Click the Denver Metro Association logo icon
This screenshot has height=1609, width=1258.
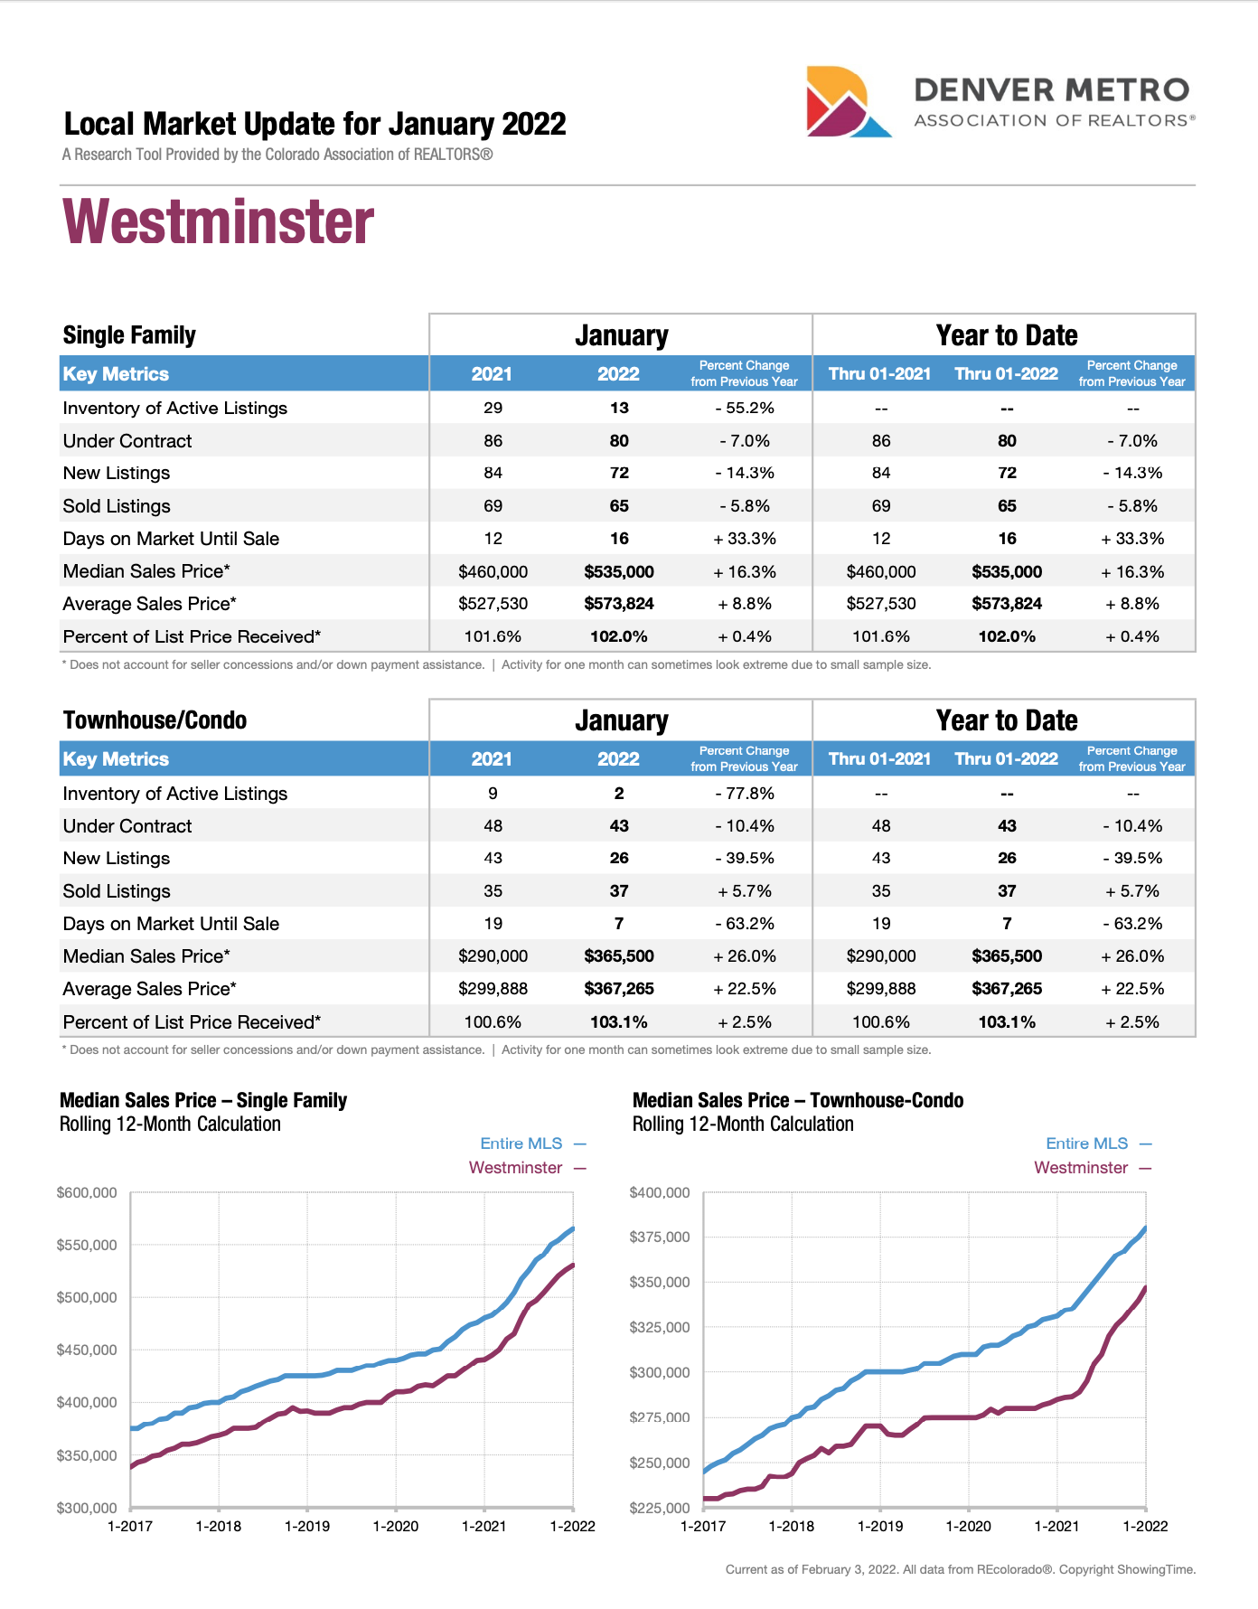click(847, 102)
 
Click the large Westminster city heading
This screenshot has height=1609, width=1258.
click(218, 222)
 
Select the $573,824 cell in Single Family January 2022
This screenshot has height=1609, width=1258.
click(618, 604)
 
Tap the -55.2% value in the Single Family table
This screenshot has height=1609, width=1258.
click(744, 408)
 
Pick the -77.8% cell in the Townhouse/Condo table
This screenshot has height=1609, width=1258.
click(744, 794)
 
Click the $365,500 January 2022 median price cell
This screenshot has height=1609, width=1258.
click(618, 956)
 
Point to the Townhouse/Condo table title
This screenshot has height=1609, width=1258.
click(155, 720)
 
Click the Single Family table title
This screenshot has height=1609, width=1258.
click(129, 335)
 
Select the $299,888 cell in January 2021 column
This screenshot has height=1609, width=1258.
click(493, 989)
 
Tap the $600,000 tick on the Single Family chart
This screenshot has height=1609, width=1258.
click(87, 1193)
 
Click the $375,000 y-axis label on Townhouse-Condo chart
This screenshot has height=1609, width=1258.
click(659, 1237)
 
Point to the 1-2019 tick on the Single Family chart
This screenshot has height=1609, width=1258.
click(307, 1527)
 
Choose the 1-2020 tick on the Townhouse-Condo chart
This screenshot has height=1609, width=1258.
click(968, 1527)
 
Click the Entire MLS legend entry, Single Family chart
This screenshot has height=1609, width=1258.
click(521, 1143)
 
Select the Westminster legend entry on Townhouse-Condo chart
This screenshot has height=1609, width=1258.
click(1081, 1168)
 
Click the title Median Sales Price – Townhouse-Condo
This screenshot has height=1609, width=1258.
click(797, 1101)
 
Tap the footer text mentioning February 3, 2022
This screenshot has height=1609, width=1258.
click(960, 1569)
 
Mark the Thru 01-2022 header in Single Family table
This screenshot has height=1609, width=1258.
click(1006, 374)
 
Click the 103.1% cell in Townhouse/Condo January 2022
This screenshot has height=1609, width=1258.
click(618, 1022)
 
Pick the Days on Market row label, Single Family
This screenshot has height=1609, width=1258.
click(171, 539)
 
